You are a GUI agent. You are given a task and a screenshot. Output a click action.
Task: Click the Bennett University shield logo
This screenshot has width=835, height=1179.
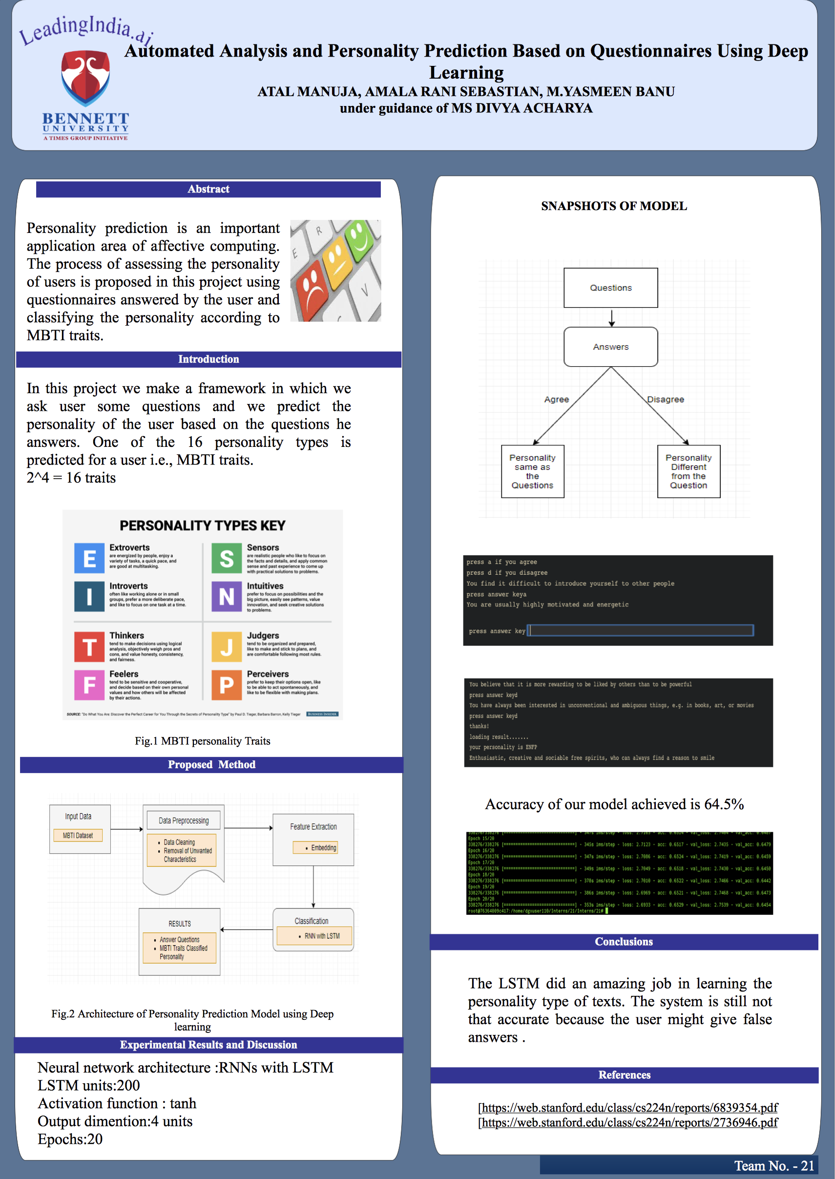click(x=85, y=77)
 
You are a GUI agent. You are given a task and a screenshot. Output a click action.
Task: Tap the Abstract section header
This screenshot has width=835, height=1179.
click(x=208, y=189)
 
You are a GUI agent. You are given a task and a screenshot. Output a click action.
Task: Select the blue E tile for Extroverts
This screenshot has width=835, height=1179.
click(x=89, y=558)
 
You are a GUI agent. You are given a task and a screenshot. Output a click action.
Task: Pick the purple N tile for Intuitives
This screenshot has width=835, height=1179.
click(x=227, y=596)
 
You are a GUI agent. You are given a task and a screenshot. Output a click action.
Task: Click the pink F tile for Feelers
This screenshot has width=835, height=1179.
click(x=89, y=684)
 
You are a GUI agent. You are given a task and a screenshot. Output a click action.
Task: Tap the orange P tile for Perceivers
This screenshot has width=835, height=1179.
click(x=227, y=684)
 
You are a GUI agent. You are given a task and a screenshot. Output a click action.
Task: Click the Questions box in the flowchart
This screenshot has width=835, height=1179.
click(x=610, y=288)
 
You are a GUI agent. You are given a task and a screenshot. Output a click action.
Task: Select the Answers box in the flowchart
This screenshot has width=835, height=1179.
click(x=610, y=347)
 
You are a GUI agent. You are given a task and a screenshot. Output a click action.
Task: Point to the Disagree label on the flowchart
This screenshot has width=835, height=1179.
click(x=666, y=400)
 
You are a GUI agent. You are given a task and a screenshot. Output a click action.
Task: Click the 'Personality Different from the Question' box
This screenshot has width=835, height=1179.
click(x=689, y=471)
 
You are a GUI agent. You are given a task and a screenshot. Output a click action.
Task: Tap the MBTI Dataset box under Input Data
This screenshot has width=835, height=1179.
click(x=78, y=836)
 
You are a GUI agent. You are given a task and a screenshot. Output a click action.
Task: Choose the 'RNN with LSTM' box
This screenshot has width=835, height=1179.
click(x=314, y=936)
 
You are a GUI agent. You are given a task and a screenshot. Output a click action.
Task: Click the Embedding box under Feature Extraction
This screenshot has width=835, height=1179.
click(x=315, y=847)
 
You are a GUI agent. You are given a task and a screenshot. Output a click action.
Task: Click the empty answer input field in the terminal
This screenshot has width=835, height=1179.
click(x=641, y=631)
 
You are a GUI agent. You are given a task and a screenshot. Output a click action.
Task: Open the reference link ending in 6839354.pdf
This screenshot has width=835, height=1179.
click(x=628, y=1107)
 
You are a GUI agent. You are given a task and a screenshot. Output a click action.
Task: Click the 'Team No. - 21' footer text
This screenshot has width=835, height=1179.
click(x=774, y=1166)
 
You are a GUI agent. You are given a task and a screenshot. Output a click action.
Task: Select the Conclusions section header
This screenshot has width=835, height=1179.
click(x=624, y=942)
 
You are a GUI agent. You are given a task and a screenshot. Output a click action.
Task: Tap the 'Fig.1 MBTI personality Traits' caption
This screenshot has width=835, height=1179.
click(x=203, y=741)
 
